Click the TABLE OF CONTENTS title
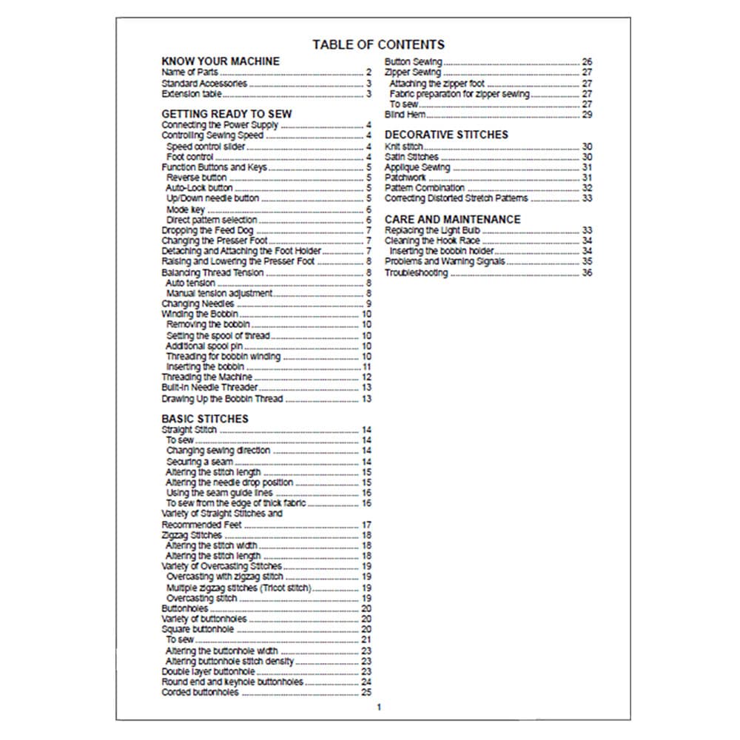[378, 44]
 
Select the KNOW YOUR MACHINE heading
[221, 61]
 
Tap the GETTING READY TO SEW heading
[226, 114]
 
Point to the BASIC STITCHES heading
[205, 419]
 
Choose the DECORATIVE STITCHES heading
[446, 135]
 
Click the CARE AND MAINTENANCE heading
[452, 219]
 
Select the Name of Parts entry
[189, 73]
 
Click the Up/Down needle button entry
[212, 198]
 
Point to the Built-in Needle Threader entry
[209, 388]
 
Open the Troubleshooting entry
[416, 273]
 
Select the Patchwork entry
[405, 178]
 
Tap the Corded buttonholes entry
[200, 693]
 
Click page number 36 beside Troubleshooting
[588, 273]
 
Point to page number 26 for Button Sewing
[588, 62]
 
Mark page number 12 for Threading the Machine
[366, 377]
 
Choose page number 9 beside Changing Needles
[369, 304]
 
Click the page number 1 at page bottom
[379, 707]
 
